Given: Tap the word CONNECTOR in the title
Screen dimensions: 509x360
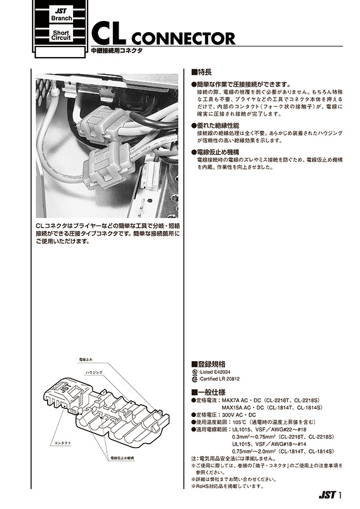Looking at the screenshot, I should point(184,39).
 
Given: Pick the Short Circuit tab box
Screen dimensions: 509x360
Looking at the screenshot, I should point(60,36).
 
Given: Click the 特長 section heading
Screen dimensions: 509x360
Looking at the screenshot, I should point(202,72).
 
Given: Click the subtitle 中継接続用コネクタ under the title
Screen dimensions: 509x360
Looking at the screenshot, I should point(117,51).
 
